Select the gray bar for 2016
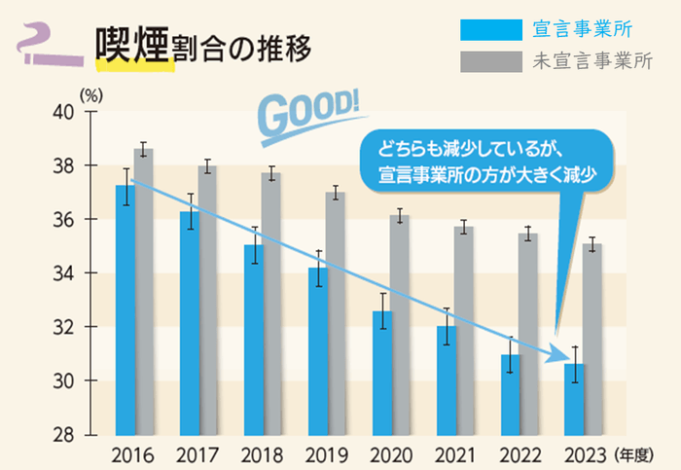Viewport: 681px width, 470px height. coord(143,291)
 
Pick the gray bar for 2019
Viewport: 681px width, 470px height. coord(336,311)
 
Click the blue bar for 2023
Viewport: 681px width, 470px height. coord(574,398)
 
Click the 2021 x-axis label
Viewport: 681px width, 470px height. coord(452,454)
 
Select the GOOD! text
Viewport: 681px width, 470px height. coord(310,112)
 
